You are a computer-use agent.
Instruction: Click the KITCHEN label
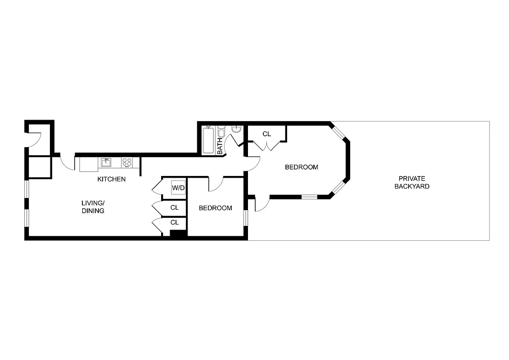112,179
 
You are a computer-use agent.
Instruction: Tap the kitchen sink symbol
106,162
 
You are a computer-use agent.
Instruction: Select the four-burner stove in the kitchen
127,162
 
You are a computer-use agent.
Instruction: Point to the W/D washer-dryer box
178,188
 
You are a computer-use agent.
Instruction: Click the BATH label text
220,146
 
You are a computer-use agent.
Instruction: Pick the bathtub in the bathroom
208,140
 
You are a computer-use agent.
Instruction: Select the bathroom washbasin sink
237,129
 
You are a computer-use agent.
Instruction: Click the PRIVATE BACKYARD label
412,182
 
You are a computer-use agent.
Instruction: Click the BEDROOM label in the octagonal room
302,167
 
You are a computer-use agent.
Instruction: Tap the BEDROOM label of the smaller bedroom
216,208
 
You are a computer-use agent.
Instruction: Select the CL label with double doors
267,134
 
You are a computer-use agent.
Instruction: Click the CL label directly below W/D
175,208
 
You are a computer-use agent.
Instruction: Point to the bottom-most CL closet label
175,222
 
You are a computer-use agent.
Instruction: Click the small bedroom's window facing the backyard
246,217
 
